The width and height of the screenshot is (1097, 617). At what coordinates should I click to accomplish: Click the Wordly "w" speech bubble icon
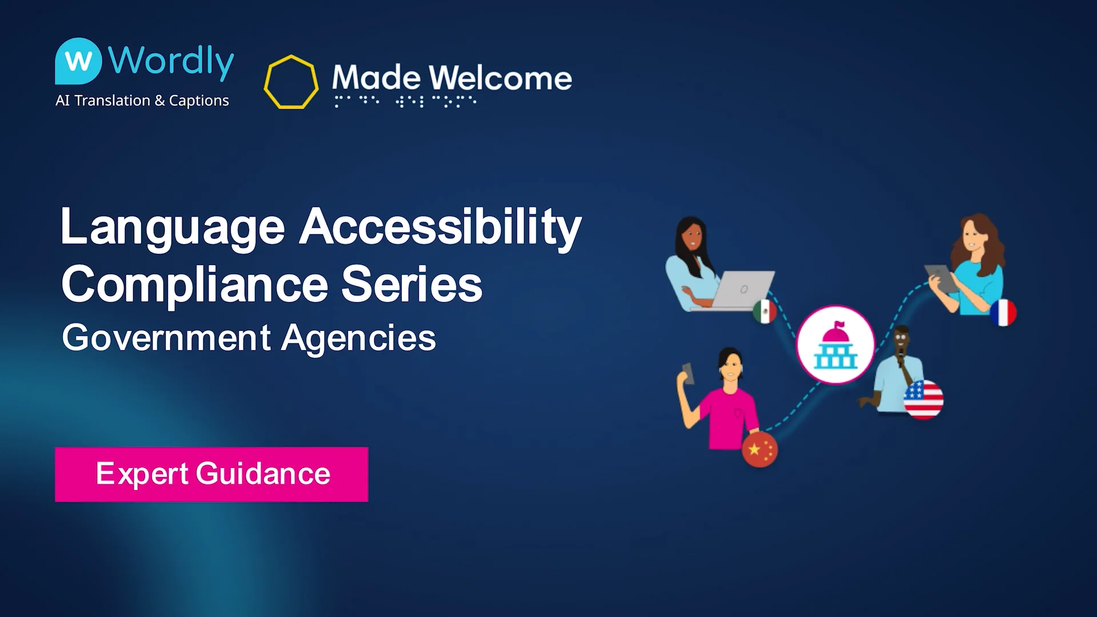(78, 61)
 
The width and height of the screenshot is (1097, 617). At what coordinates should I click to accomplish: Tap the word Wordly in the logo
(171, 61)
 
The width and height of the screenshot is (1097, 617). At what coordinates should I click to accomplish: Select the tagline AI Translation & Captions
(142, 101)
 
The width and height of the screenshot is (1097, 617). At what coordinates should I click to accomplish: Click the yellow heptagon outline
(291, 82)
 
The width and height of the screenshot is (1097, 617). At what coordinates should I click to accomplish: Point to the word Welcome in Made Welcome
(500, 78)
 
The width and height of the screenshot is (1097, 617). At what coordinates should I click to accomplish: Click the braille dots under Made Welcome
(405, 102)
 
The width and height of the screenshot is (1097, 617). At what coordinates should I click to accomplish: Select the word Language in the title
(173, 227)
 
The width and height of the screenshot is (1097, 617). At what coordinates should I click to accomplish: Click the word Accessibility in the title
(441, 227)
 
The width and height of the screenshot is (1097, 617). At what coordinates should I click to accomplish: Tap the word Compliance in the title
(194, 285)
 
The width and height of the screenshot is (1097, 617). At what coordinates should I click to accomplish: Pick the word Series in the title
(411, 285)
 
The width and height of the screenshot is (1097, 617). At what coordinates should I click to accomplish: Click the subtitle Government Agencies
(249, 338)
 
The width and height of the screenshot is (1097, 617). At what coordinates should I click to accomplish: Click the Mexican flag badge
(764, 311)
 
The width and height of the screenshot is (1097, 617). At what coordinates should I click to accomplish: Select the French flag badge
(1003, 312)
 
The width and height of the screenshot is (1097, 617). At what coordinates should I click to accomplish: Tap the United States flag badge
(923, 399)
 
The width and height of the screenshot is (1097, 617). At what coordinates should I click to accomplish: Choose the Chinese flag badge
(759, 450)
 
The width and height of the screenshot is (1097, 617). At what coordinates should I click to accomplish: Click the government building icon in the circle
(835, 344)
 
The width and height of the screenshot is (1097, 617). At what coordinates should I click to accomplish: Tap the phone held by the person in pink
(688, 373)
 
